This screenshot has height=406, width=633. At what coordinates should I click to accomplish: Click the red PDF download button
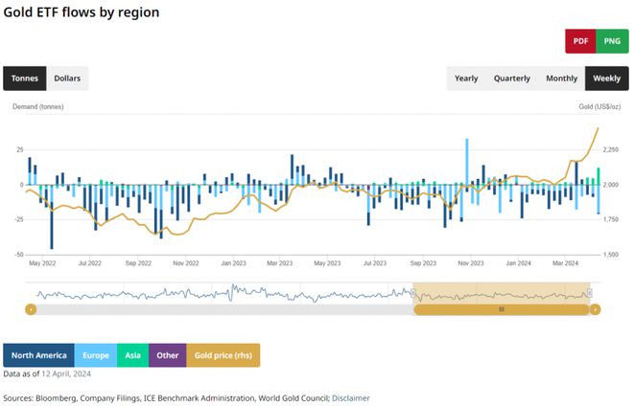[580, 41]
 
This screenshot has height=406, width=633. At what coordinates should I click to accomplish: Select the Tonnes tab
[24, 79]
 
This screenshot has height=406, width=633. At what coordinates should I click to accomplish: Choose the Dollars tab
[67, 79]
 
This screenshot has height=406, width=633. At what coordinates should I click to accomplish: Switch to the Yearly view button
[466, 79]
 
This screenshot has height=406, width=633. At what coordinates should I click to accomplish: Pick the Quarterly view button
[511, 79]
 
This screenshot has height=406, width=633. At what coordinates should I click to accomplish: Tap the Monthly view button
[561, 79]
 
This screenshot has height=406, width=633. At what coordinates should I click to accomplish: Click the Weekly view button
[606, 79]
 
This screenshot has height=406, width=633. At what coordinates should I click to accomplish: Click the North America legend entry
[38, 355]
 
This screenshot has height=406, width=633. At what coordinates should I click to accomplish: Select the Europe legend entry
[96, 355]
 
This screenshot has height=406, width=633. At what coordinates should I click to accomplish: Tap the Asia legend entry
[132, 355]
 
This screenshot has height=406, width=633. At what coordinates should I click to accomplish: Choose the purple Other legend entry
[168, 355]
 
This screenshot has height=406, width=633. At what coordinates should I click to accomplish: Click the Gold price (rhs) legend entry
[223, 355]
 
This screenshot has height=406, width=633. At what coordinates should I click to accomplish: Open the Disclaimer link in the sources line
[350, 397]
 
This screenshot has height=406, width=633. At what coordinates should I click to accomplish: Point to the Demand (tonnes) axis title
[37, 107]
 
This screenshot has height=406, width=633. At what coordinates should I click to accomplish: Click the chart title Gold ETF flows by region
[82, 12]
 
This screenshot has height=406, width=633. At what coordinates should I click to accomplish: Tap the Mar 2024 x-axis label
[565, 262]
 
